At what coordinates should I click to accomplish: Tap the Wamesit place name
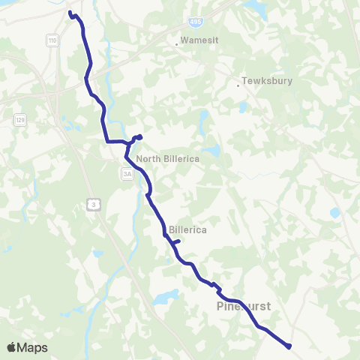pos(198,40)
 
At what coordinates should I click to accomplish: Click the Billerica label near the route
pos(187,229)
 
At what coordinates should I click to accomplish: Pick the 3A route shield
pos(127,174)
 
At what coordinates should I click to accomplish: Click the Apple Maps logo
pos(27,347)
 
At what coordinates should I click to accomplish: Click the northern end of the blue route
pos(70,13)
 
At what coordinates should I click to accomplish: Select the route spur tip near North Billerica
pos(140,136)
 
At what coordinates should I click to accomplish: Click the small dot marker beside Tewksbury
pos(238,85)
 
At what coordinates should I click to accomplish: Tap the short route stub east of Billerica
pos(178,241)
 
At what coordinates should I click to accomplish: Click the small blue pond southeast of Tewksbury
pos(334,212)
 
